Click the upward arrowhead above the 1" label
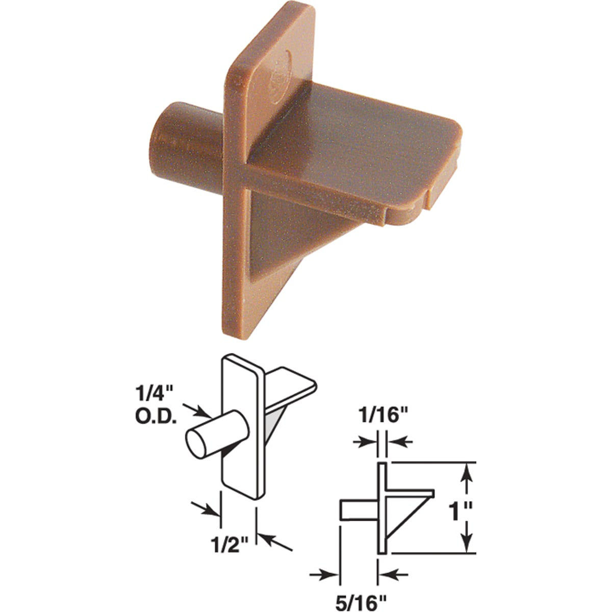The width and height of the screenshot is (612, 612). coord(466,474)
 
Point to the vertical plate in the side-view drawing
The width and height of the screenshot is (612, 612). coord(382,507)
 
